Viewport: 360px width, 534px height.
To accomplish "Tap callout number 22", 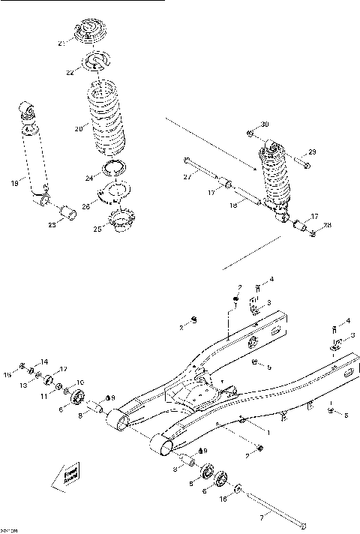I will pos(70,72).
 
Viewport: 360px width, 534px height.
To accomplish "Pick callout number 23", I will pos(51,224).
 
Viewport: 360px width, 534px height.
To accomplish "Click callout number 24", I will pos(88,178).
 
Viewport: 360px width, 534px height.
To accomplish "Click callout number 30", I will pos(263,124).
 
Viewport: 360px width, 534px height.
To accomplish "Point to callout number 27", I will pos(187,177).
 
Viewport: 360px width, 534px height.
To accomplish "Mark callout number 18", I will pos(233,203).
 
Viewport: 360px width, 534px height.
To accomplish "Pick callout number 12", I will pos(64,368).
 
